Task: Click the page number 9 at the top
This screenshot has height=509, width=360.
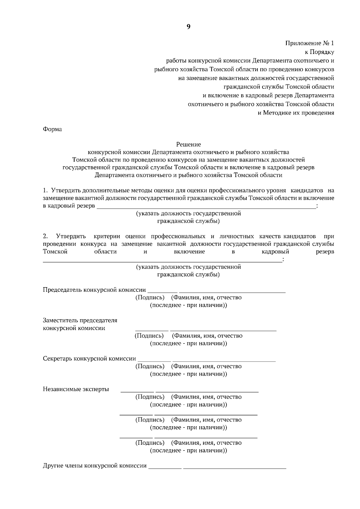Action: (x=188, y=27)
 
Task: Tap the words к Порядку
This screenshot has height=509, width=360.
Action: (x=319, y=52)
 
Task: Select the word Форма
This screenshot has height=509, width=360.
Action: (x=52, y=129)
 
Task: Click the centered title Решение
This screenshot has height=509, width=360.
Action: (x=188, y=144)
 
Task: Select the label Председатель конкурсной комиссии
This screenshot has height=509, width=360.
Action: (x=94, y=290)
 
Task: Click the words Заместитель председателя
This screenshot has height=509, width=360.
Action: (x=80, y=320)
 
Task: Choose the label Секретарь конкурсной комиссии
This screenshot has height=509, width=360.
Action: (x=89, y=359)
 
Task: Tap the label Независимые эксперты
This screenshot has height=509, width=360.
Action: (x=76, y=389)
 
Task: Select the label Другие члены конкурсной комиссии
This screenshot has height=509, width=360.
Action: (x=95, y=466)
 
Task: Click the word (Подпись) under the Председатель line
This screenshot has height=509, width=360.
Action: (x=150, y=298)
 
